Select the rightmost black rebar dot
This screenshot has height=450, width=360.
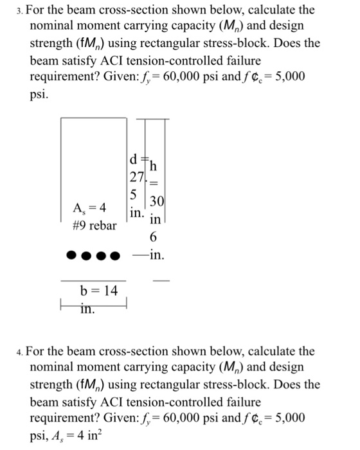[116, 256]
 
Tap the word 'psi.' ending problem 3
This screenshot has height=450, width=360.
[40, 94]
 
